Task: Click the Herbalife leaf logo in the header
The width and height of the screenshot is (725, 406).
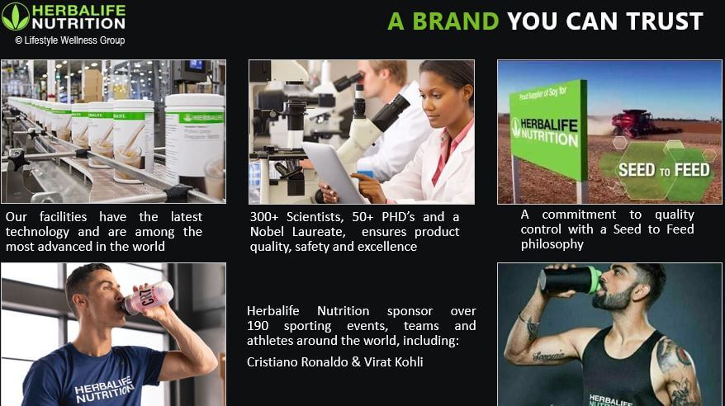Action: tap(15, 16)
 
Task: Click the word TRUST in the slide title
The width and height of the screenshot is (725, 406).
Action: tap(660, 21)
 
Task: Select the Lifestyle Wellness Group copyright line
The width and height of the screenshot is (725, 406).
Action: tap(69, 40)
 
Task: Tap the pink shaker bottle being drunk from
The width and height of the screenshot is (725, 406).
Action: tap(149, 297)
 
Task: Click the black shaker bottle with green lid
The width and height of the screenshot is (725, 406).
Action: tap(570, 280)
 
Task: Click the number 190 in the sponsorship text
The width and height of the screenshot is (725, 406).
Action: tap(259, 326)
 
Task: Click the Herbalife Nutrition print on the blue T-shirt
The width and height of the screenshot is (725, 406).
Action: tap(104, 391)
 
